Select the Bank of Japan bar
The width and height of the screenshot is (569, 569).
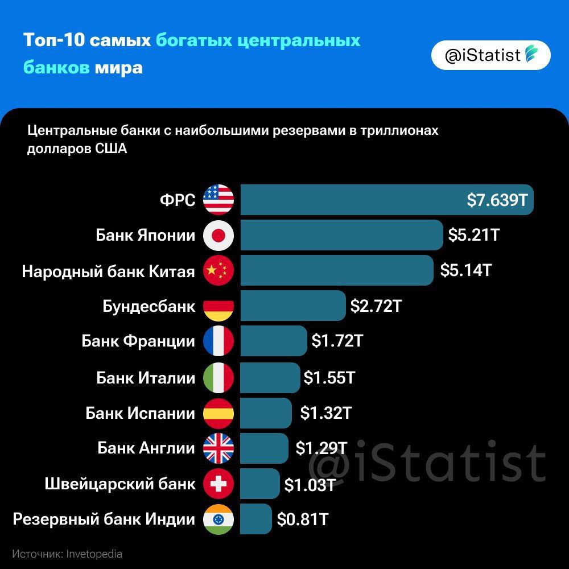tap(341, 235)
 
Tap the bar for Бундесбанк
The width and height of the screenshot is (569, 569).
tap(293, 306)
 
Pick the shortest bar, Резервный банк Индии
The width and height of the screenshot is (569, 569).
tap(256, 519)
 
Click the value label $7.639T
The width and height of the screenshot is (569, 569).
tap(497, 200)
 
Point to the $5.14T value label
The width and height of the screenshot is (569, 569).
tap(465, 270)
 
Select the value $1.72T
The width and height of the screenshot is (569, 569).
tap(337, 341)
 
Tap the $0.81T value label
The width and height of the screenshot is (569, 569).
tap(302, 519)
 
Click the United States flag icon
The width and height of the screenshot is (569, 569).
tap(218, 200)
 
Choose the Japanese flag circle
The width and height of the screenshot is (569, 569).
tap(218, 235)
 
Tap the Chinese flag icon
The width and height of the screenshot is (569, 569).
tap(218, 271)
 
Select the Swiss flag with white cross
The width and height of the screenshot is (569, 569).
tap(218, 484)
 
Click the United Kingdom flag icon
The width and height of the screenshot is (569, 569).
tap(218, 448)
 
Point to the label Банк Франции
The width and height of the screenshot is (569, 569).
tap(138, 341)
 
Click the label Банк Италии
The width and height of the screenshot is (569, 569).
tap(146, 377)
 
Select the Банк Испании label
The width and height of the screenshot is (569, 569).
tap(141, 413)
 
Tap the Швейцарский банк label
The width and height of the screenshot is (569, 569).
tap(120, 484)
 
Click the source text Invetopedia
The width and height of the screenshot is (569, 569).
tap(94, 554)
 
